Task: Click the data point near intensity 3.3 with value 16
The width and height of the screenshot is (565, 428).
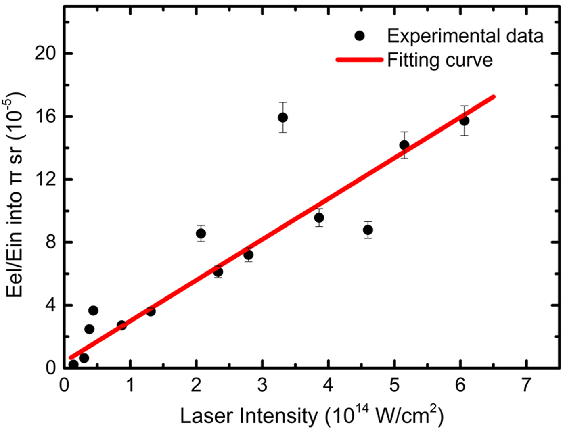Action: (x=282, y=117)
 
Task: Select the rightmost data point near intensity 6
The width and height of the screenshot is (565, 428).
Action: (x=464, y=121)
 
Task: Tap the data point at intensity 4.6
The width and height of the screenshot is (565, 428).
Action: (x=368, y=230)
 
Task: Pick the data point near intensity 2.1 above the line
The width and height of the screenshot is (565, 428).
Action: (x=201, y=234)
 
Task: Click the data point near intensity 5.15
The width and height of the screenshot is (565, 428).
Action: (x=404, y=145)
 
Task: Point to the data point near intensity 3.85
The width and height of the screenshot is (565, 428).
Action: (x=319, y=218)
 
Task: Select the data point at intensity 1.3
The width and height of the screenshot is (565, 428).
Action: (x=151, y=311)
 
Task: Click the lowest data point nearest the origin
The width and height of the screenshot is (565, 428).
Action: (x=73, y=365)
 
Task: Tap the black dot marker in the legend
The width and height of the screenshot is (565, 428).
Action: (x=359, y=36)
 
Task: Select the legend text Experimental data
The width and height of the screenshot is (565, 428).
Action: (x=465, y=36)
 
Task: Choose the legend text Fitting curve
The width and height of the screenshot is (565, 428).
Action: (x=440, y=60)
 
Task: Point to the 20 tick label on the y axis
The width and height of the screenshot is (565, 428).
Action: (x=45, y=53)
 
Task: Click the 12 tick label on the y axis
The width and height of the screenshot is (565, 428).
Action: (x=45, y=179)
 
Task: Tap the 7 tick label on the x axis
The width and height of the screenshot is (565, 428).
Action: (x=526, y=385)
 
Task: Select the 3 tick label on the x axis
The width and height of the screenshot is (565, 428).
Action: (x=262, y=385)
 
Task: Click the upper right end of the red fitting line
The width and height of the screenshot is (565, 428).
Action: (x=493, y=97)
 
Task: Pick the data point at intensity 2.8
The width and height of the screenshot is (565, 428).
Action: (x=248, y=255)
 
